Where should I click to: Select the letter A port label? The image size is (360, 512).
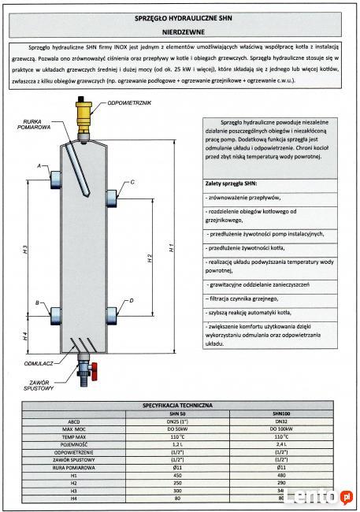[39, 165]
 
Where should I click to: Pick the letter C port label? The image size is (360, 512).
[132, 182]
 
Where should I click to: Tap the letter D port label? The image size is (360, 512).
[132, 301]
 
